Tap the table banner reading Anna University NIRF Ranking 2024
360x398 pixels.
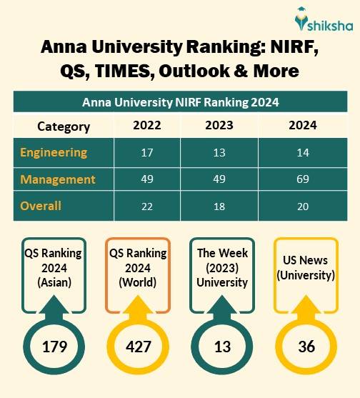(179, 102)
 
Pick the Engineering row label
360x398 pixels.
(54, 152)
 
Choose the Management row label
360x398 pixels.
(57, 179)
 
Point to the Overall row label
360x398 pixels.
(41, 206)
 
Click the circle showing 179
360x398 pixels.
(54, 347)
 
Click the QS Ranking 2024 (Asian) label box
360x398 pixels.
(54, 268)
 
